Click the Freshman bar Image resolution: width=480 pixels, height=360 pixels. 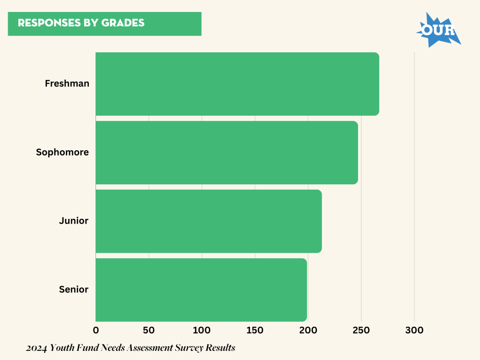237,84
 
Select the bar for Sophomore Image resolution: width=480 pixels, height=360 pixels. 227,153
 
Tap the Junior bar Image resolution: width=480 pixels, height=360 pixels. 208,221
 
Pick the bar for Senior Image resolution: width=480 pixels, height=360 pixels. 201,290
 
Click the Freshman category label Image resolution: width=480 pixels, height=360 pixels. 67,84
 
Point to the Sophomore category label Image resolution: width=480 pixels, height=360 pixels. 62,152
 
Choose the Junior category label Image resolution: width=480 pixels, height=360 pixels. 74,221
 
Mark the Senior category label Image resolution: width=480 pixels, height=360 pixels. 74,289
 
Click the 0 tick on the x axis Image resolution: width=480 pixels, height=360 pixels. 96,330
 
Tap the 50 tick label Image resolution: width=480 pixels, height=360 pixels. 149,330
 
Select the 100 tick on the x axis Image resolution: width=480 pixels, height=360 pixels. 202,330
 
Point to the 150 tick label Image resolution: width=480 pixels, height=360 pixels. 255,330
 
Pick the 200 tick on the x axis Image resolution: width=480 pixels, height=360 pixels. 308,330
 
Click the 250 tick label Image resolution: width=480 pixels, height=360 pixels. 361,330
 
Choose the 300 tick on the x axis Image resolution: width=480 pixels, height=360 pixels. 414,330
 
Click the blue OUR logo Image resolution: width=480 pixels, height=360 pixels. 438,30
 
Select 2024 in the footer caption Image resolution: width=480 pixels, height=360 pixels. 37,348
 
